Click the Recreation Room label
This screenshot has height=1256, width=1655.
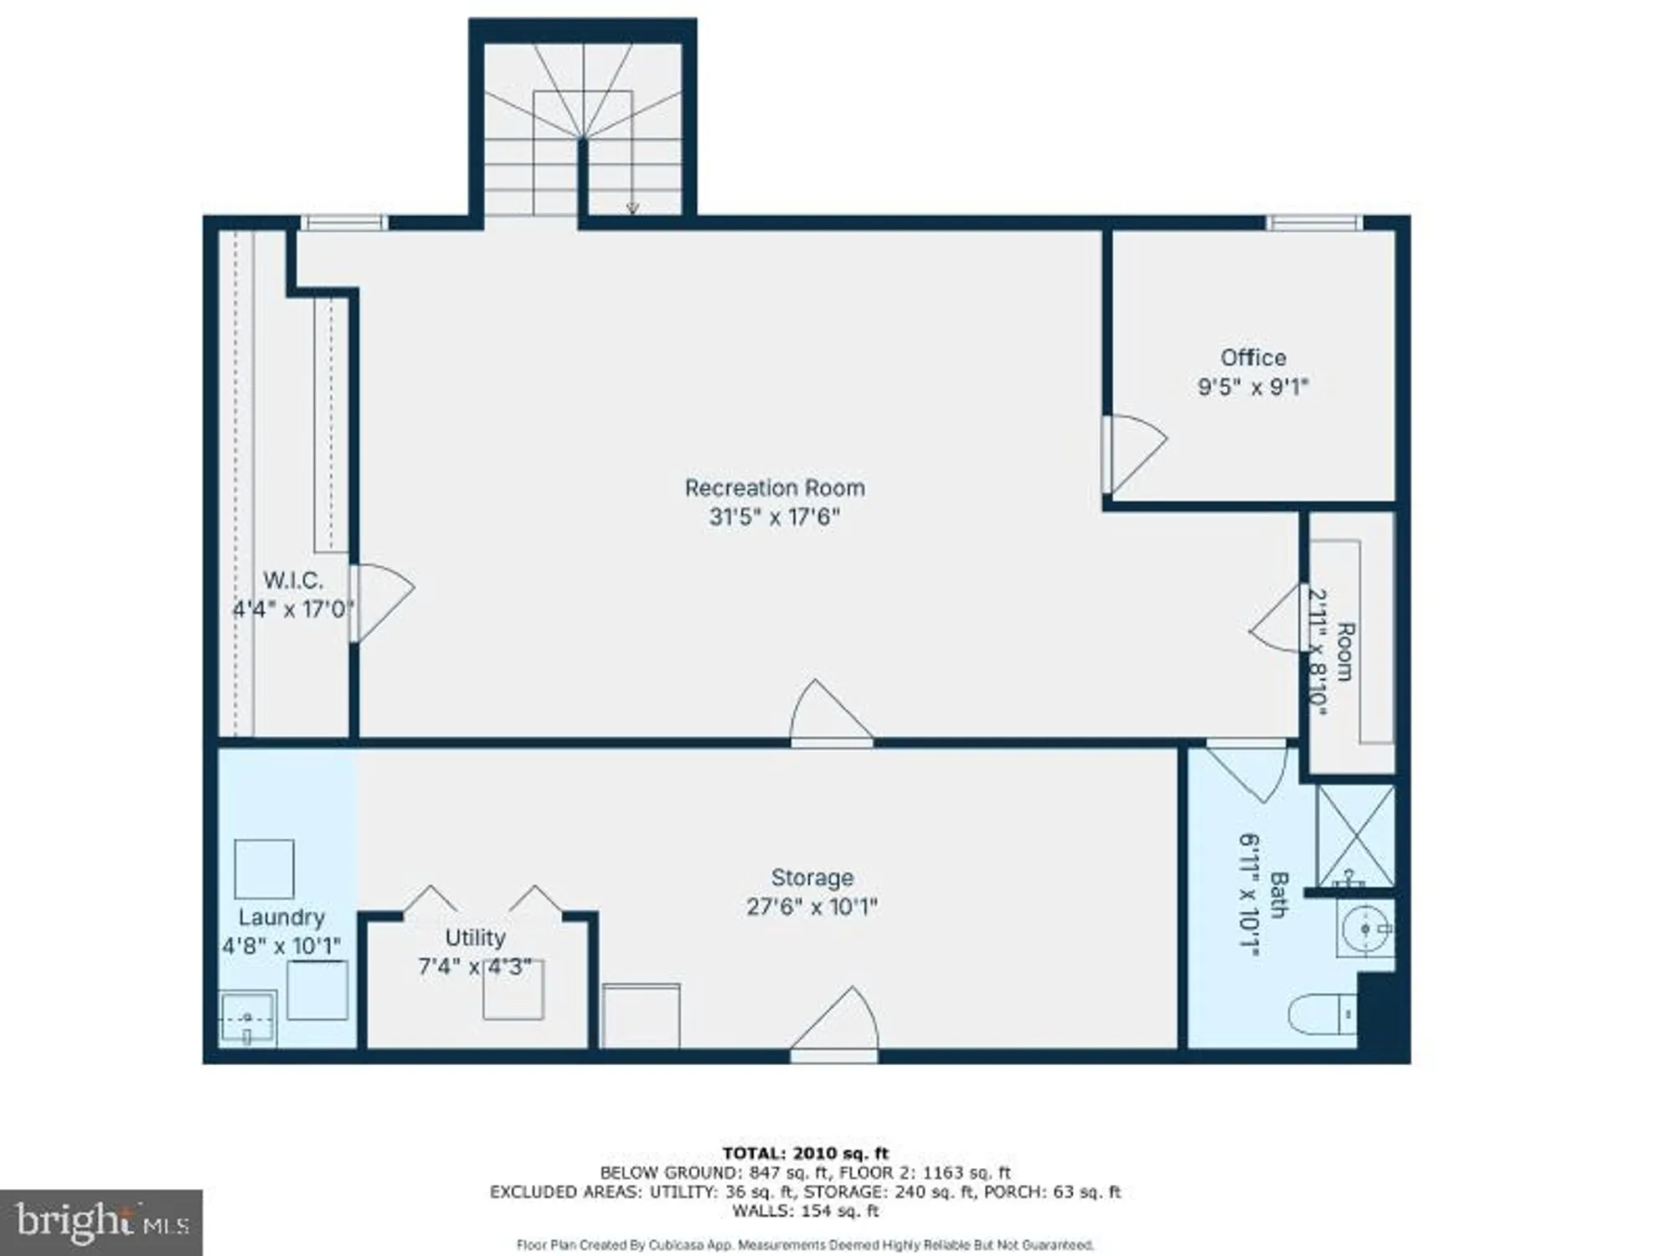774,487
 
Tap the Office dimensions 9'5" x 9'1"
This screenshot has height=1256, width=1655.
1252,387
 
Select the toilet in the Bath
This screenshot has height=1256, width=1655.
1319,1014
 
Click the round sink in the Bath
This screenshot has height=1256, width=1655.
1366,929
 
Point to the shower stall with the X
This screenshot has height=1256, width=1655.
1355,835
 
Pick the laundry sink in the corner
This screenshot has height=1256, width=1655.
247,1019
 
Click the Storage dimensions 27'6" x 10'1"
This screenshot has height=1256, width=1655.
811,907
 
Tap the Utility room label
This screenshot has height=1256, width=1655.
475,937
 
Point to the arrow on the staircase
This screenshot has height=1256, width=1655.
633,208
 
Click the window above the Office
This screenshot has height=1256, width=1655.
1313,223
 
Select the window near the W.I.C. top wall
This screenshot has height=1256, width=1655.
344,223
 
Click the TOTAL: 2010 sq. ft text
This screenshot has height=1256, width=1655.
805,1153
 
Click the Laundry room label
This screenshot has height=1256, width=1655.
281,917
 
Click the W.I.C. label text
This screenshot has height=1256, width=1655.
292,579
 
